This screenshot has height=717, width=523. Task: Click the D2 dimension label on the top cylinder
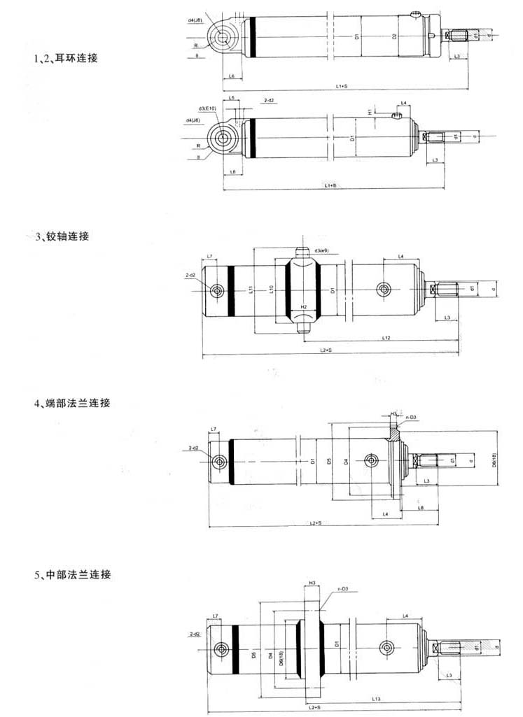(x=395, y=36)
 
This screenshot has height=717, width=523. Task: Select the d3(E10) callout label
(x=208, y=109)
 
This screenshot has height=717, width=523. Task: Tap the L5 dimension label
(x=232, y=98)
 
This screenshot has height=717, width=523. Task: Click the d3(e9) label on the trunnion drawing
(x=323, y=250)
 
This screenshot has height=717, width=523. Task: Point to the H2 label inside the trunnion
(x=303, y=307)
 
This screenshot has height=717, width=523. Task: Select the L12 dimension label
(x=386, y=339)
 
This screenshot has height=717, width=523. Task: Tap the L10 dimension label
(x=271, y=289)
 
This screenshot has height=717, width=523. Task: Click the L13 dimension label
(x=376, y=699)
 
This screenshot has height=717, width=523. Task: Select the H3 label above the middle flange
(x=312, y=582)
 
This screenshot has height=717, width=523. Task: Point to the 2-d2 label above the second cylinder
(x=269, y=101)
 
